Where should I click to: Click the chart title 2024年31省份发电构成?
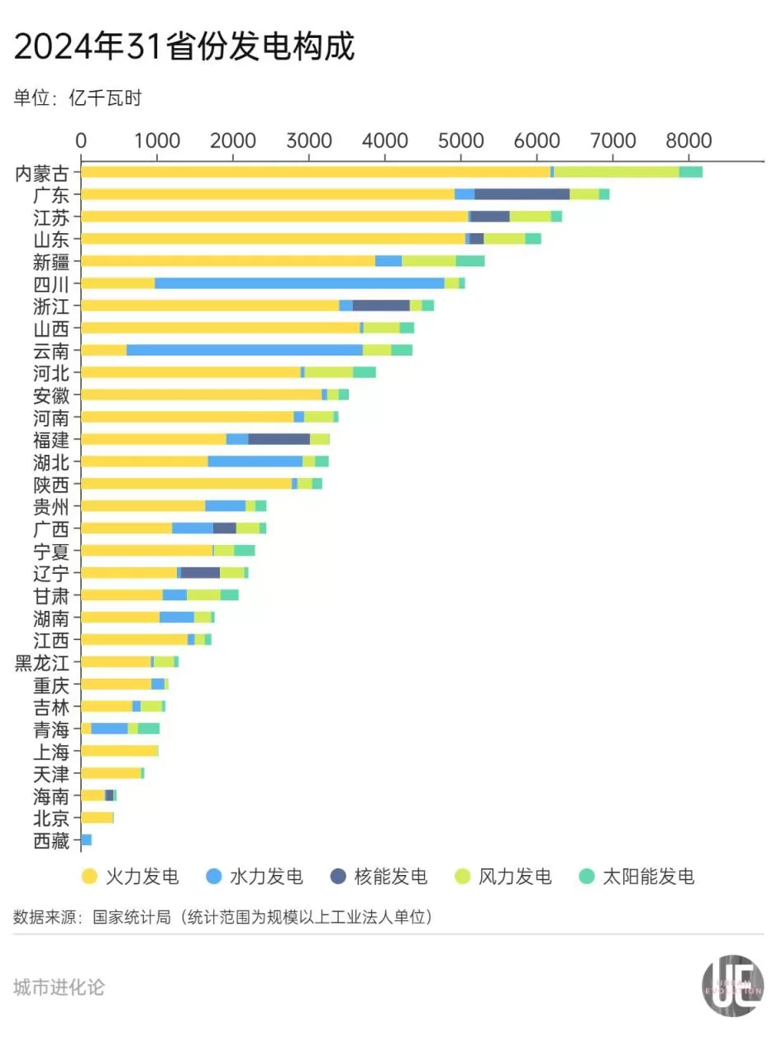[x=184, y=47]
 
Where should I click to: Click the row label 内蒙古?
[x=47, y=172]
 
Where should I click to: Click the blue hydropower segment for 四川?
[x=299, y=284]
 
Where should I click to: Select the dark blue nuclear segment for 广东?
[x=522, y=194]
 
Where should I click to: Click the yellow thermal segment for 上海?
[x=120, y=751]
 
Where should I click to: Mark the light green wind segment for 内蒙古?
[x=616, y=172]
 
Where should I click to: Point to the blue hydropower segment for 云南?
[x=244, y=351]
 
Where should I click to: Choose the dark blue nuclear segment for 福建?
[x=279, y=439]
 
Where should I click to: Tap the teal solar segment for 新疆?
[x=470, y=261]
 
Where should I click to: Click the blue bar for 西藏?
[x=87, y=840]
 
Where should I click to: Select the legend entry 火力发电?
[x=130, y=877]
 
